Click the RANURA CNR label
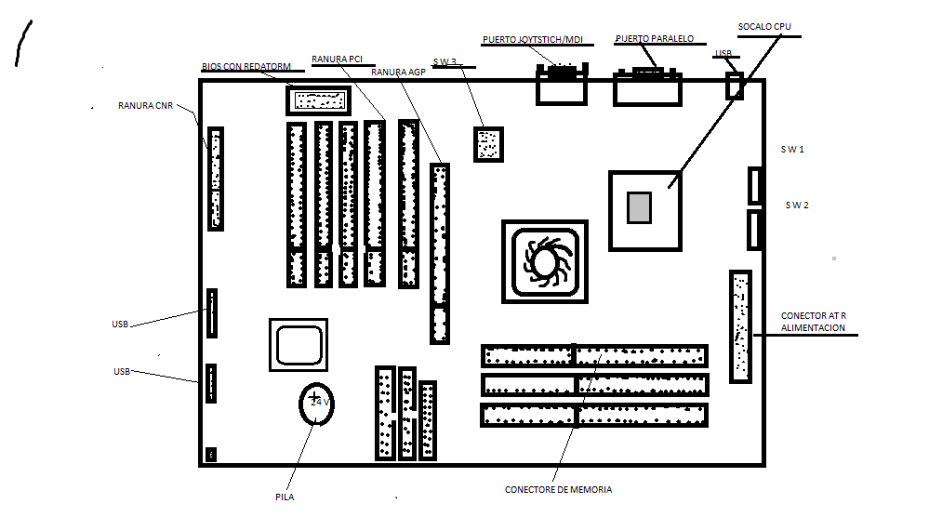pyautogui.click(x=145, y=105)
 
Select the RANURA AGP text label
pyautogui.click(x=397, y=72)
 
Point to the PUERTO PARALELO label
pyautogui.click(x=655, y=39)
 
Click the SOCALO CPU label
pyautogui.click(x=764, y=26)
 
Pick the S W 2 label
pyautogui.click(x=797, y=205)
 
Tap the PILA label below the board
pyautogui.click(x=285, y=497)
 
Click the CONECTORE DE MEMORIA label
pyautogui.click(x=558, y=489)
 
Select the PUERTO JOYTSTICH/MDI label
pyautogui.click(x=533, y=40)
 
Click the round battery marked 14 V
pyautogui.click(x=316, y=404)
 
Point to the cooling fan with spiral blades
pyautogui.click(x=544, y=260)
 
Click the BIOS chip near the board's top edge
pyautogui.click(x=319, y=99)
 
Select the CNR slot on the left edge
pyautogui.click(x=216, y=179)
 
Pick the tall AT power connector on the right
pyautogui.click(x=740, y=325)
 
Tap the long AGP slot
pyautogui.click(x=440, y=253)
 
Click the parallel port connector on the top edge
pyautogui.click(x=647, y=86)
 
